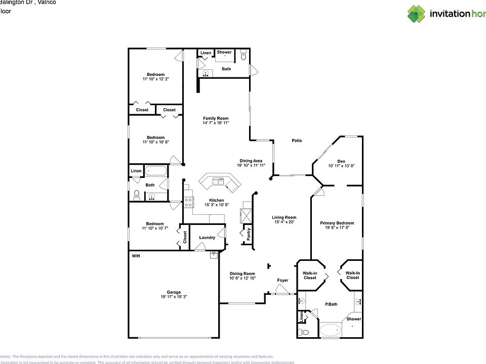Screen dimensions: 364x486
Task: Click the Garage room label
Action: pyautogui.click(x=174, y=292)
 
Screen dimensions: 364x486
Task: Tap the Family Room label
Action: pyautogui.click(x=216, y=118)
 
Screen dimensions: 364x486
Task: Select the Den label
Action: pyautogui.click(x=341, y=161)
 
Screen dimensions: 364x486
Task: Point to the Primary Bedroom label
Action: pyautogui.click(x=337, y=223)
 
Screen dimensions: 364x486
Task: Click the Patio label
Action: pyautogui.click(x=297, y=141)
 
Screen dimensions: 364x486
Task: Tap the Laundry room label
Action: pyautogui.click(x=207, y=238)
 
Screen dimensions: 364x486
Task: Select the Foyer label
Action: pyautogui.click(x=282, y=280)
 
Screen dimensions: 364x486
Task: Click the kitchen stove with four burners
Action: pyautogui.click(x=188, y=203)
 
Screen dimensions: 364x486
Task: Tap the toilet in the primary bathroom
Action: pyautogui.click(x=303, y=332)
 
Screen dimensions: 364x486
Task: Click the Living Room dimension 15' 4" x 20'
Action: pyautogui.click(x=284, y=222)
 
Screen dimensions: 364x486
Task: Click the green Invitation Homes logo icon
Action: pyautogui.click(x=416, y=14)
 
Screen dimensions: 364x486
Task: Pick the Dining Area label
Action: pyautogui.click(x=251, y=161)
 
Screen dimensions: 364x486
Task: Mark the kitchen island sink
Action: pyautogui.click(x=219, y=180)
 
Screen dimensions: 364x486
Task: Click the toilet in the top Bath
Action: pyautogui.click(x=242, y=55)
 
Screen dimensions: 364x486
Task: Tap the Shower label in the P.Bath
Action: pyautogui.click(x=354, y=319)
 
